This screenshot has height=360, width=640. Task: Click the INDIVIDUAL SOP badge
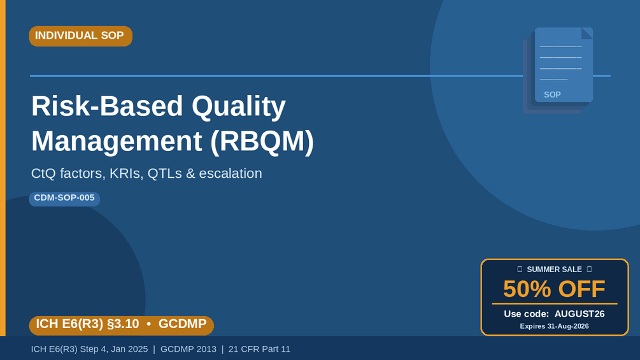[81, 36]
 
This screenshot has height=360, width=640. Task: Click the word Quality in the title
[239, 106]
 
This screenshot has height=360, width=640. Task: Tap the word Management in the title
[117, 141]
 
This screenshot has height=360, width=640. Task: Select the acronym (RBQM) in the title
[262, 141]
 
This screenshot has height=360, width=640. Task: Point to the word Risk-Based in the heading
[107, 106]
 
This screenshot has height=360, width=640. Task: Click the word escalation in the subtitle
[231, 173]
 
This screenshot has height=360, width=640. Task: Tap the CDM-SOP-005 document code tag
[64, 199]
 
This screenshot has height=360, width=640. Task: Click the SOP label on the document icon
[552, 95]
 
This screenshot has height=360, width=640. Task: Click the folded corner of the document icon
[588, 32]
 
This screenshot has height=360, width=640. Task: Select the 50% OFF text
[554, 289]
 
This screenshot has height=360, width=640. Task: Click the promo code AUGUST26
[579, 314]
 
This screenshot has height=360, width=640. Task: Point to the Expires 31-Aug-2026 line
[554, 326]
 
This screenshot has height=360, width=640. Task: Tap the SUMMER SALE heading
[554, 270]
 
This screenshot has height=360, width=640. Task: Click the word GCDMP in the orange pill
[183, 324]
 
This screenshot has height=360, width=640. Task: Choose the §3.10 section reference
[122, 324]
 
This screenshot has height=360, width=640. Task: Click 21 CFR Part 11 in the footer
[259, 349]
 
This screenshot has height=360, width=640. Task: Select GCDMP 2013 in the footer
[188, 349]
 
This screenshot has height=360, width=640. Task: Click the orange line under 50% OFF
[554, 304]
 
